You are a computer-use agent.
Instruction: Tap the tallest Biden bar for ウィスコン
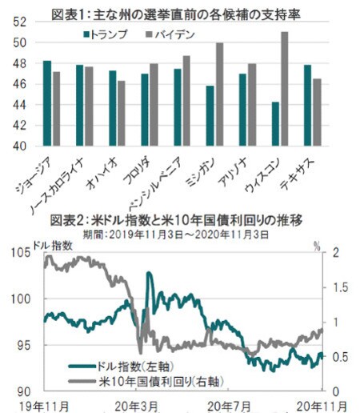(x=284, y=89)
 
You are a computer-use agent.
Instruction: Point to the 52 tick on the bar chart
(x=18, y=22)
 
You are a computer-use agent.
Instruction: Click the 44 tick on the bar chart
(x=18, y=105)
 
